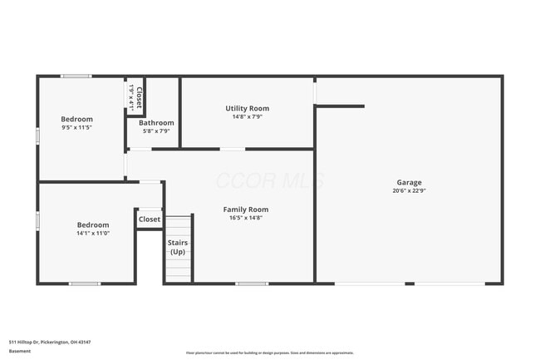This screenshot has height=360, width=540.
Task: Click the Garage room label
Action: (x=409, y=182)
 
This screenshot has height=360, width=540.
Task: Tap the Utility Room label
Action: (x=248, y=108)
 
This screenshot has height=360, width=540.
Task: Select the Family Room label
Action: (x=246, y=210)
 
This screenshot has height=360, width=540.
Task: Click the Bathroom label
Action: (x=156, y=122)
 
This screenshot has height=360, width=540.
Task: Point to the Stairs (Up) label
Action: (x=179, y=247)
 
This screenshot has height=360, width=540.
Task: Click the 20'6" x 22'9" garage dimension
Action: (x=409, y=190)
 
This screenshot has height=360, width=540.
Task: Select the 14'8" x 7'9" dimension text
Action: (x=248, y=116)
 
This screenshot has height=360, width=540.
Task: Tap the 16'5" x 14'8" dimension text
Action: (x=246, y=218)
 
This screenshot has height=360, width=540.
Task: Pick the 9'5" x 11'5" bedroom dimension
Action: (x=76, y=127)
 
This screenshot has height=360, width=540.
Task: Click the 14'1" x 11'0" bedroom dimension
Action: (x=93, y=233)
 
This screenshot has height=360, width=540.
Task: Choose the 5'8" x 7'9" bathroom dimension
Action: (x=156, y=131)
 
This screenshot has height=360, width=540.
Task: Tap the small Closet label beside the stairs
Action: (x=150, y=219)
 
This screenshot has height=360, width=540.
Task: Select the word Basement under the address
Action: (x=20, y=351)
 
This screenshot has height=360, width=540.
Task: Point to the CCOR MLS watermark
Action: (x=269, y=180)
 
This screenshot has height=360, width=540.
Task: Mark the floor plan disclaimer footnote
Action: (x=269, y=353)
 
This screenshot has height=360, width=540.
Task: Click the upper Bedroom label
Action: (x=76, y=119)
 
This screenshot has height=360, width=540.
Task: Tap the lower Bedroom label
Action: (x=93, y=224)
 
